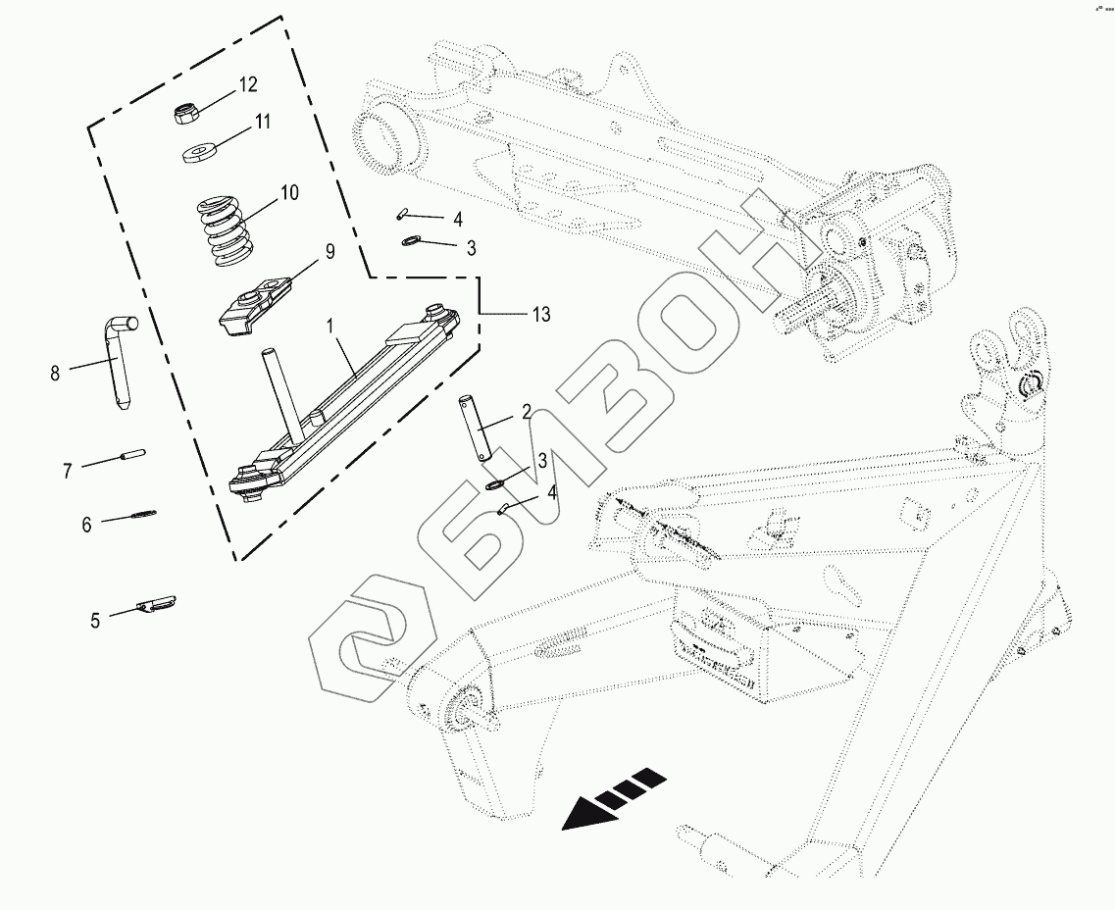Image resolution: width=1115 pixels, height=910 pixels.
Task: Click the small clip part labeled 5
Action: (156, 604)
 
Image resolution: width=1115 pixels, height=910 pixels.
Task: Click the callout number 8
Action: (55, 373)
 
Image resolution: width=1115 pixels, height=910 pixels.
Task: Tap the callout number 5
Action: (95, 620)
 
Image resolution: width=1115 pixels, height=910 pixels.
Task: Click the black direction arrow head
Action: (584, 813)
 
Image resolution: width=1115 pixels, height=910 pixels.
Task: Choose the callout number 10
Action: (288, 192)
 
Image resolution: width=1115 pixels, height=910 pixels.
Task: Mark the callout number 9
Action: (330, 251)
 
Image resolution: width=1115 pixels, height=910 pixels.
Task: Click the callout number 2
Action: (527, 412)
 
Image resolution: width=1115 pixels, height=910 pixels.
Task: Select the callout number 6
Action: (86, 526)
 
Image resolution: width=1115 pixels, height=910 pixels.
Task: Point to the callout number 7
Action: (68, 472)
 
